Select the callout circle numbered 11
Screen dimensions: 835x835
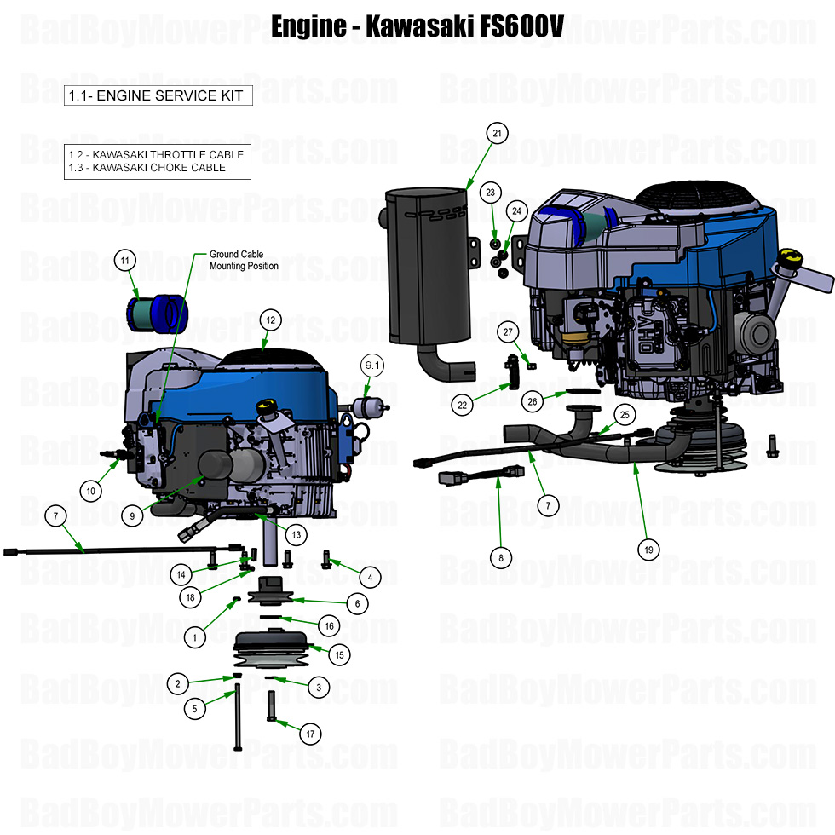pos(125,260)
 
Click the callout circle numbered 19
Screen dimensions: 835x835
pos(648,550)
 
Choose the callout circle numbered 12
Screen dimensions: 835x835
pos(270,320)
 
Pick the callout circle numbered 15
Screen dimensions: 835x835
pos(339,654)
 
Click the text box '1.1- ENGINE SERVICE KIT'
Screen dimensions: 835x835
pos(158,95)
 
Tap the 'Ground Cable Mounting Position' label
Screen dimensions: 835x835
pos(239,260)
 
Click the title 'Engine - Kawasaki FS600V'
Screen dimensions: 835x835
pos(417,26)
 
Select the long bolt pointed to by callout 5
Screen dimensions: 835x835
pos(237,720)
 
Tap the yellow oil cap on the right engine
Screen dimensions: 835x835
pos(792,256)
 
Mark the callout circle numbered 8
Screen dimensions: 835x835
pos(501,557)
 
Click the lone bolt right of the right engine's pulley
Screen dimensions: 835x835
pos(773,445)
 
